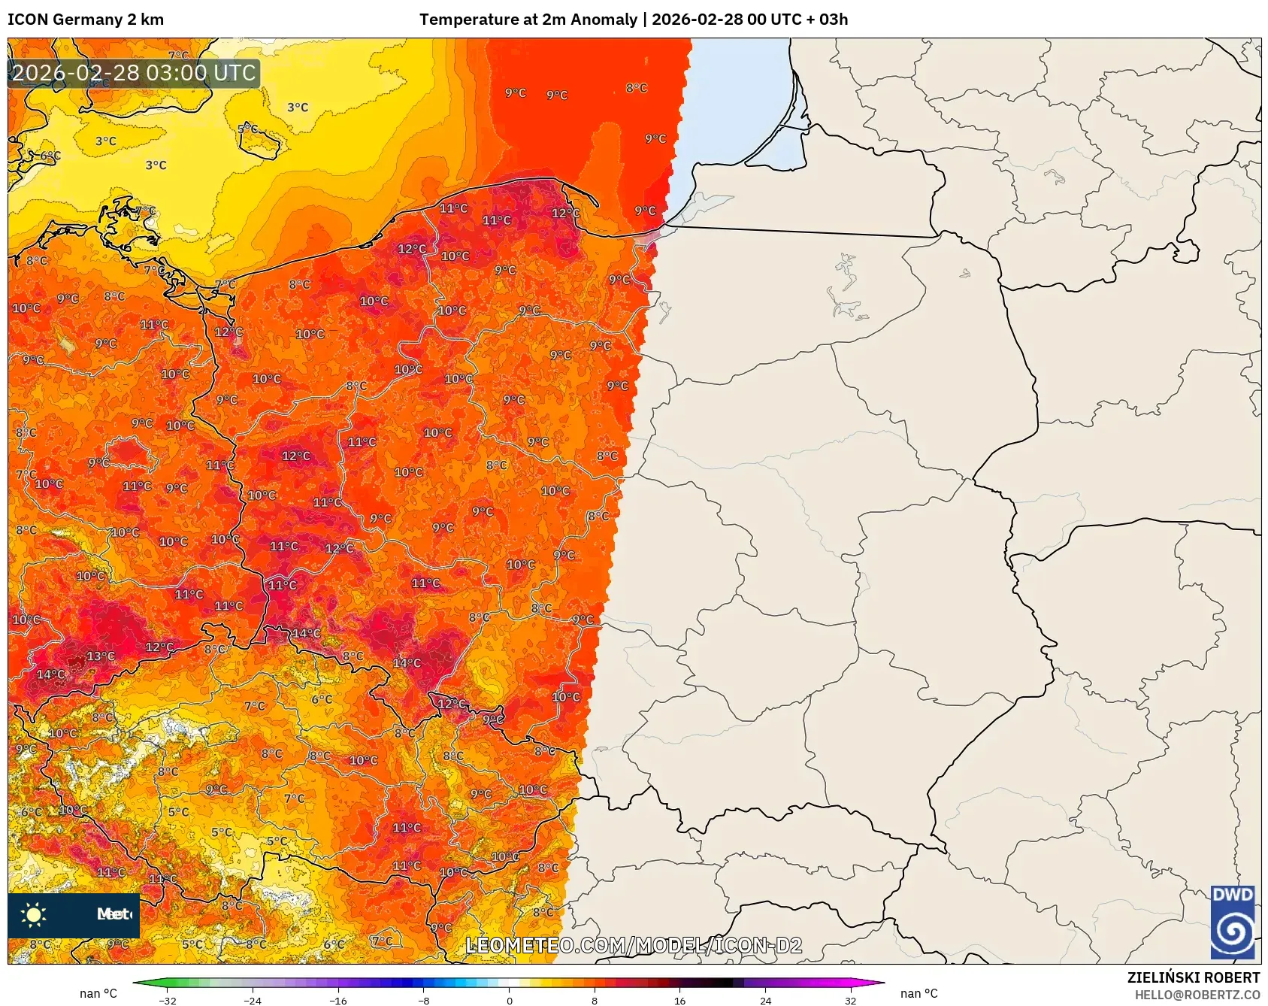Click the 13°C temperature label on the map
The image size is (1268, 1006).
click(100, 656)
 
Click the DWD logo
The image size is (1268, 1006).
click(1233, 922)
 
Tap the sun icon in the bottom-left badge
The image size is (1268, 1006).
click(34, 914)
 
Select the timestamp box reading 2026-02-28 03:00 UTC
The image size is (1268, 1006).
click(134, 73)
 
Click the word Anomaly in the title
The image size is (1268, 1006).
click(603, 20)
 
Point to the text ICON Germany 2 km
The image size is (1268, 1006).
click(86, 20)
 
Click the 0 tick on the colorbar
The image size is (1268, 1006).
click(510, 1000)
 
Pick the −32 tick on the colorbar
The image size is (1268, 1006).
click(168, 1000)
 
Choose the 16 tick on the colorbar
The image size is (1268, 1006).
click(679, 1000)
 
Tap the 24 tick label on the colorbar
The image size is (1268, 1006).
click(765, 1000)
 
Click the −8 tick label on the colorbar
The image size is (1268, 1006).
click(424, 1000)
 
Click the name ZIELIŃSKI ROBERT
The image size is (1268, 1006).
click(1193, 977)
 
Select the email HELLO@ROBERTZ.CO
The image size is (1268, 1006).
click(1197, 995)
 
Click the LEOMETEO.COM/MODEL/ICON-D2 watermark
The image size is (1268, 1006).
click(634, 945)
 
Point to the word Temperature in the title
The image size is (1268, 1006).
click(467, 20)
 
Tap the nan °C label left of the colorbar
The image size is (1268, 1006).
click(98, 993)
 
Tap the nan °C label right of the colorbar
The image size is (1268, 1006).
click(918, 993)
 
